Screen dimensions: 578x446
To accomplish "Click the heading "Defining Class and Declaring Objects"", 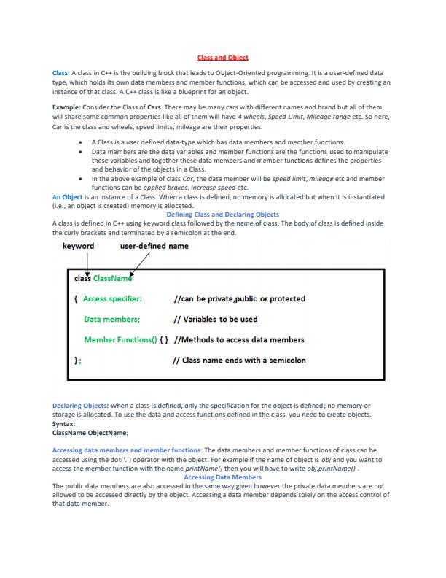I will (x=223, y=215).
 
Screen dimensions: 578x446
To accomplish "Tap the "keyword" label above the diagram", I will (x=78, y=246).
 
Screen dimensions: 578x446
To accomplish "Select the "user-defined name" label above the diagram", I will (x=154, y=246).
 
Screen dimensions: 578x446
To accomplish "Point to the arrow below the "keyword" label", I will (x=87, y=263).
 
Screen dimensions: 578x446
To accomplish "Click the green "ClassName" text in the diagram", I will (x=113, y=278).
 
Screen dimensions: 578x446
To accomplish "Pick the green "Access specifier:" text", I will (x=113, y=298).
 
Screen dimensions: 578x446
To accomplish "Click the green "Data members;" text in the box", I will (x=112, y=319).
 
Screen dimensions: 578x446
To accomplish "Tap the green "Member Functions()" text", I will (x=119, y=339).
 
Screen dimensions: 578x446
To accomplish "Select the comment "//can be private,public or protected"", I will (x=240, y=298).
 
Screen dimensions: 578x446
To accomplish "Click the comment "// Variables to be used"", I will (x=216, y=319).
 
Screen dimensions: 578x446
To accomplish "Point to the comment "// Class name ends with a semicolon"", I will (x=239, y=360).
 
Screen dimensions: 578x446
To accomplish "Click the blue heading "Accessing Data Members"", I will (x=222, y=477).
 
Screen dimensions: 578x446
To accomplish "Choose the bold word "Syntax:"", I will (x=64, y=423).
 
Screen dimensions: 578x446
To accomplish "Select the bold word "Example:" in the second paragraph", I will (x=66, y=107).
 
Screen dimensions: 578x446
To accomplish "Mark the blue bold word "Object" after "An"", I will (x=72, y=197).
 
